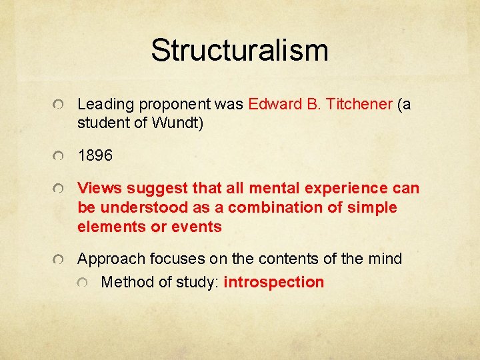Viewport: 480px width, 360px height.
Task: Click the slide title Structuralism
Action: click(x=239, y=51)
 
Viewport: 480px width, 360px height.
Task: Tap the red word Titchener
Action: click(x=359, y=104)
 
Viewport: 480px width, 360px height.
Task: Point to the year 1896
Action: click(x=95, y=156)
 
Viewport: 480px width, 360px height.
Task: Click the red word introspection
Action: click(x=274, y=282)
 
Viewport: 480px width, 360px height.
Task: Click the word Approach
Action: click(x=109, y=259)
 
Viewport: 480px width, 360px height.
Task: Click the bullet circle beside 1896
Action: click(x=59, y=157)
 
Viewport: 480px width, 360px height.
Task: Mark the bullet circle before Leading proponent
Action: click(x=59, y=105)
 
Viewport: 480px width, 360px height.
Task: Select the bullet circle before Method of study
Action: click(x=83, y=283)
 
